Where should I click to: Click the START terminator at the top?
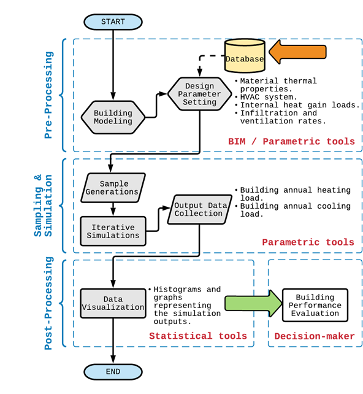[x=113, y=21]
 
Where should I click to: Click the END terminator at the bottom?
[x=113, y=371]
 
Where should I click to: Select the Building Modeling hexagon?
[x=113, y=117]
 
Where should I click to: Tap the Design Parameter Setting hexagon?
[x=200, y=94]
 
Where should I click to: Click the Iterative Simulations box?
[x=113, y=231]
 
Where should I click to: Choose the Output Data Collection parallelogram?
[x=198, y=209]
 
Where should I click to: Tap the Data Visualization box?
[x=113, y=303]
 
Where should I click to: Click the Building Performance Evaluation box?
[x=315, y=304]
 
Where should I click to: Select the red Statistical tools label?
[x=198, y=335]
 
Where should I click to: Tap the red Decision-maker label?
[x=315, y=336]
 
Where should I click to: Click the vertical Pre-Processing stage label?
[x=49, y=95]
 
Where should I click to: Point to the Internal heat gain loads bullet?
[x=299, y=105]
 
